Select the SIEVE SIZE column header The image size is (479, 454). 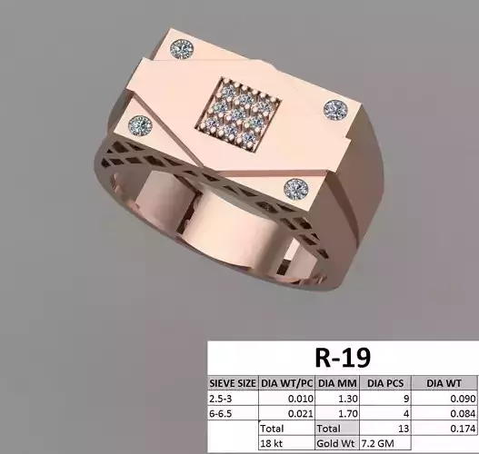(x=234, y=382)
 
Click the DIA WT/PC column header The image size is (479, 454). (x=287, y=382)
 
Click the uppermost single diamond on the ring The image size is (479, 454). (x=185, y=47)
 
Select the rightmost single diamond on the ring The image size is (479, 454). (x=337, y=108)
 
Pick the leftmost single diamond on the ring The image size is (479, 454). (x=139, y=124)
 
